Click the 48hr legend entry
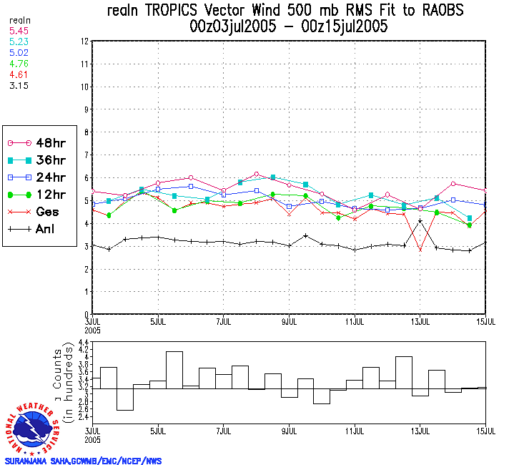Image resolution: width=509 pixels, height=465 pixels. (40, 142)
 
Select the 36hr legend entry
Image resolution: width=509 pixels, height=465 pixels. (40, 160)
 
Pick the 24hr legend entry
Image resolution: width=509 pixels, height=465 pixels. (40, 177)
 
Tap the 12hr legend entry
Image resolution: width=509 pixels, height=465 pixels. (40, 195)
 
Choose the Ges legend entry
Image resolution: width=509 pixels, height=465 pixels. (40, 212)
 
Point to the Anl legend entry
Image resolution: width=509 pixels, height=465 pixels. (40, 230)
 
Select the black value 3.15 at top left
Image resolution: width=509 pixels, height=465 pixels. (19, 85)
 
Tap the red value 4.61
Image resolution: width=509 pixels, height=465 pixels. (19, 74)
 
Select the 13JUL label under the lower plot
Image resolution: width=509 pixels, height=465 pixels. (420, 431)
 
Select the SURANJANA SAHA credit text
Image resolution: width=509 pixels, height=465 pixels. (83, 461)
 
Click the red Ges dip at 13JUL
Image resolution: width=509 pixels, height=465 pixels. (420, 250)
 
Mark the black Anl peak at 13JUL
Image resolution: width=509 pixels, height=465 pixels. (420, 222)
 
